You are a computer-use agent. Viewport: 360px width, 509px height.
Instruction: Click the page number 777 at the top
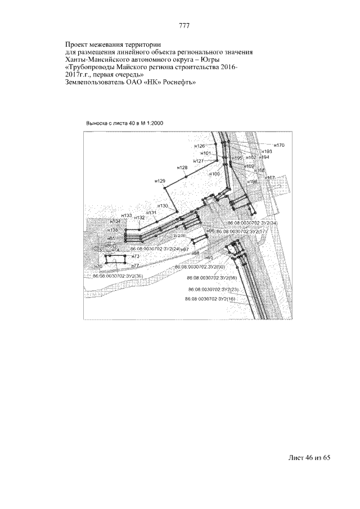(183, 26)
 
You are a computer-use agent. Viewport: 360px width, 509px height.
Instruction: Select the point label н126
(199, 146)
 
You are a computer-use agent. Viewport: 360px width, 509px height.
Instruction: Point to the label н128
(182, 168)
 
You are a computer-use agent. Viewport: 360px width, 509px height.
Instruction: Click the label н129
(160, 181)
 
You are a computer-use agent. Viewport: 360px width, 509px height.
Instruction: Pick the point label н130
(163, 206)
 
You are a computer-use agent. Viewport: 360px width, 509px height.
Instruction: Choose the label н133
(127, 215)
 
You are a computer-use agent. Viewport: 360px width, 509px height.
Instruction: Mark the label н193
(267, 151)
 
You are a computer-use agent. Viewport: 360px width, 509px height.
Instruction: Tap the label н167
(269, 178)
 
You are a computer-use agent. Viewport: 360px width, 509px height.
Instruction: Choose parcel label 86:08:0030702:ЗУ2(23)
(214, 290)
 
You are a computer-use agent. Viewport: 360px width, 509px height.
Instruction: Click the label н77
(135, 264)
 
